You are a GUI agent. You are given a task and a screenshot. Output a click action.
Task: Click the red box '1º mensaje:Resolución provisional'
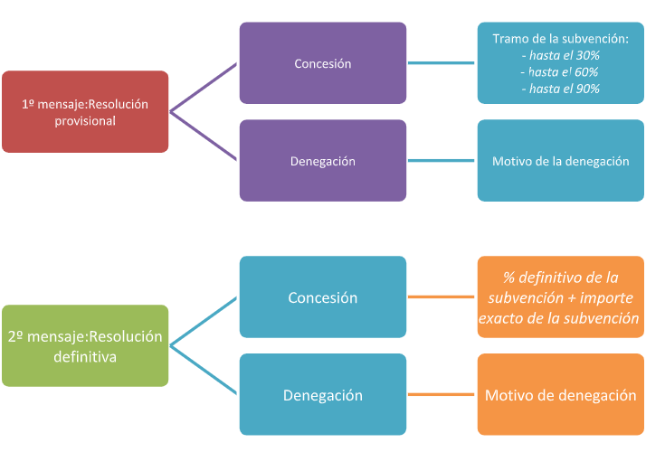coord(85,111)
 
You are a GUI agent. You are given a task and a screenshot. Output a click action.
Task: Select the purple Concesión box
coord(323,63)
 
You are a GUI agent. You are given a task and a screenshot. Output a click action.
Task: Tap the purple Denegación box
coord(323,161)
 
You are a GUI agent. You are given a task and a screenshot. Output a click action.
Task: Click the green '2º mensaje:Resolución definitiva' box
coord(85,345)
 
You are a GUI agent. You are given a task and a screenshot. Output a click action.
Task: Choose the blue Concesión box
coord(323,297)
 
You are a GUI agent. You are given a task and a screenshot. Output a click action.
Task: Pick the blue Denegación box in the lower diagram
coord(323,395)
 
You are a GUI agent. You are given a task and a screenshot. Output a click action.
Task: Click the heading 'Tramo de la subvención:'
coord(560,39)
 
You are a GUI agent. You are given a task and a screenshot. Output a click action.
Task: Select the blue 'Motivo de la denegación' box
coord(560,161)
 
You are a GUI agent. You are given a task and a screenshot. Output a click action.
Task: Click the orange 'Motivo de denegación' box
coord(560,395)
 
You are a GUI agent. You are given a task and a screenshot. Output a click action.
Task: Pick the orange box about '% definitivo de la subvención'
coord(560,297)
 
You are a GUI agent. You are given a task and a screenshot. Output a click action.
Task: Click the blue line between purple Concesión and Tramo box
coord(442,63)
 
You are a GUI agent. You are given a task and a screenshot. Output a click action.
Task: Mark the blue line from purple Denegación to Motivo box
coord(442,161)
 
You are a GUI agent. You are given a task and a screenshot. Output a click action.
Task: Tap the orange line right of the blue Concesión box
coord(442,297)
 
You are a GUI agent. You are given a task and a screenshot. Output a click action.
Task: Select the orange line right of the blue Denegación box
coord(442,395)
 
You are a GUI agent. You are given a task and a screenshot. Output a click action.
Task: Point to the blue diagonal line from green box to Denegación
coord(204,370)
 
